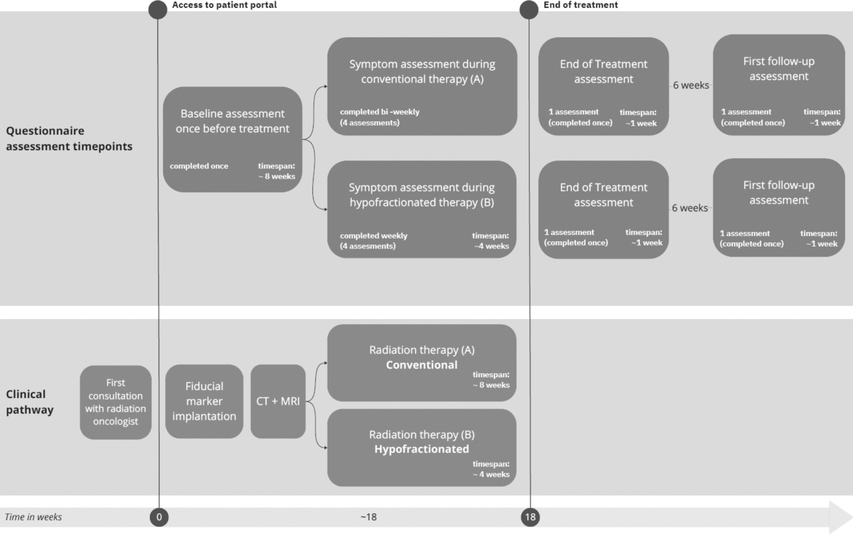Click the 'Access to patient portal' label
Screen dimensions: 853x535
point(224,5)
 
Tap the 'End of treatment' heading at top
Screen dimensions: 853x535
point(580,5)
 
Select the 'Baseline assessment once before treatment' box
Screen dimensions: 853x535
point(233,140)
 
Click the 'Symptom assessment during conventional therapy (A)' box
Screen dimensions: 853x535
point(422,86)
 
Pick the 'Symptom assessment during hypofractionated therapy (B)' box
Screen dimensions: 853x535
point(422,209)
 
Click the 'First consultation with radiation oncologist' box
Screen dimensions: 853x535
point(116,402)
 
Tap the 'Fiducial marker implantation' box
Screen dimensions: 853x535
point(204,401)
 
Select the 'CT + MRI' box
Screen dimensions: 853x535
point(278,401)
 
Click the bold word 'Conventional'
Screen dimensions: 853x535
point(422,365)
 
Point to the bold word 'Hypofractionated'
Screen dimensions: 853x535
point(422,449)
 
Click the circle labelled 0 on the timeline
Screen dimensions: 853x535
point(159,517)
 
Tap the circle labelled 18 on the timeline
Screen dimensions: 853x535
point(530,517)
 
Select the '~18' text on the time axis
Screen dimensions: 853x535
point(368,517)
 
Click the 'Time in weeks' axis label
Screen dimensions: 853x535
point(33,517)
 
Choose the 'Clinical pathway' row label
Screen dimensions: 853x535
point(29,402)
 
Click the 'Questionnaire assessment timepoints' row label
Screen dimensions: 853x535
point(69,138)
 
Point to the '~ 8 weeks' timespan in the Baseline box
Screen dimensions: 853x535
point(277,177)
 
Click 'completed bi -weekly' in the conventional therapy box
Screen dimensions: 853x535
point(380,112)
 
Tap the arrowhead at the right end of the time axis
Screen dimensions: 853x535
point(841,517)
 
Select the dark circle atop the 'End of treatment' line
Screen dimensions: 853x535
point(529,10)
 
